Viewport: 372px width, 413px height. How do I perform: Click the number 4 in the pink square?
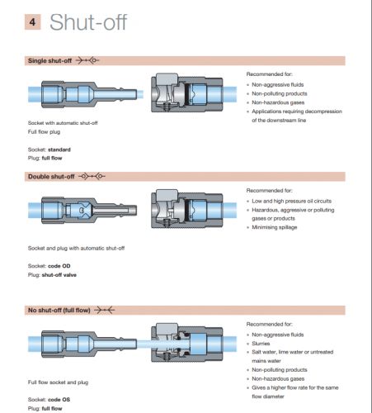click(x=32, y=21)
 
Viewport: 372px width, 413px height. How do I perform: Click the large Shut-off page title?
click(x=88, y=22)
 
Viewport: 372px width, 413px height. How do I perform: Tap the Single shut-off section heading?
click(x=49, y=60)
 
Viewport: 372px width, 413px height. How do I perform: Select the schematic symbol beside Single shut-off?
click(x=87, y=60)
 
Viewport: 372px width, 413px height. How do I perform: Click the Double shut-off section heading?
click(x=51, y=177)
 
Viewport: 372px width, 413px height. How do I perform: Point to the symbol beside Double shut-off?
click(x=92, y=176)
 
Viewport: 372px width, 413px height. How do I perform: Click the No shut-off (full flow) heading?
click(x=59, y=310)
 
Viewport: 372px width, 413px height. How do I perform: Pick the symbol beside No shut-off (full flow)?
click(x=105, y=311)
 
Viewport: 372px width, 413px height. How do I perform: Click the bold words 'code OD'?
click(x=59, y=266)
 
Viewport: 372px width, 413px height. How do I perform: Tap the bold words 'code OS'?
click(x=59, y=400)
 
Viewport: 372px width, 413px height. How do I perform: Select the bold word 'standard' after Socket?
click(x=59, y=150)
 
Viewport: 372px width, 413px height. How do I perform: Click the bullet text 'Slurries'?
click(x=261, y=344)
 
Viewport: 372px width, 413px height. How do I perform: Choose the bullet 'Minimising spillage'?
click(x=275, y=227)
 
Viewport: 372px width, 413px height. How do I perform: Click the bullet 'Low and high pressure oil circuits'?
click(x=291, y=201)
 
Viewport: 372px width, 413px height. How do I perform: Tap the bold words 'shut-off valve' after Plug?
click(x=59, y=275)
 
